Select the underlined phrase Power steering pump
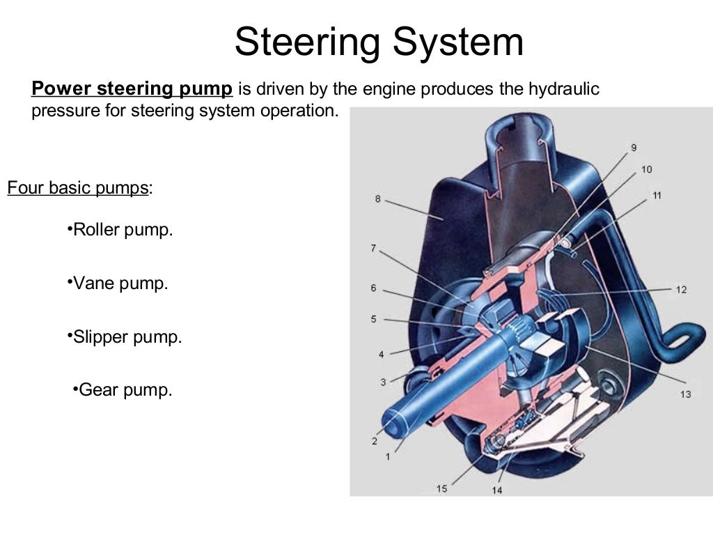(x=132, y=89)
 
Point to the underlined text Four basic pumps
(x=77, y=188)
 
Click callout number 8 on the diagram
(x=377, y=199)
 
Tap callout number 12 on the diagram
(x=681, y=289)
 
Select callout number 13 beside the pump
(x=685, y=394)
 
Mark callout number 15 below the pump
(x=441, y=488)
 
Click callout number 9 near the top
(x=634, y=147)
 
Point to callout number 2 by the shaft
(x=374, y=441)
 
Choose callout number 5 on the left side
(x=374, y=319)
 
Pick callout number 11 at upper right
(x=657, y=195)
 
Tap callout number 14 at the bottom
(x=496, y=490)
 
